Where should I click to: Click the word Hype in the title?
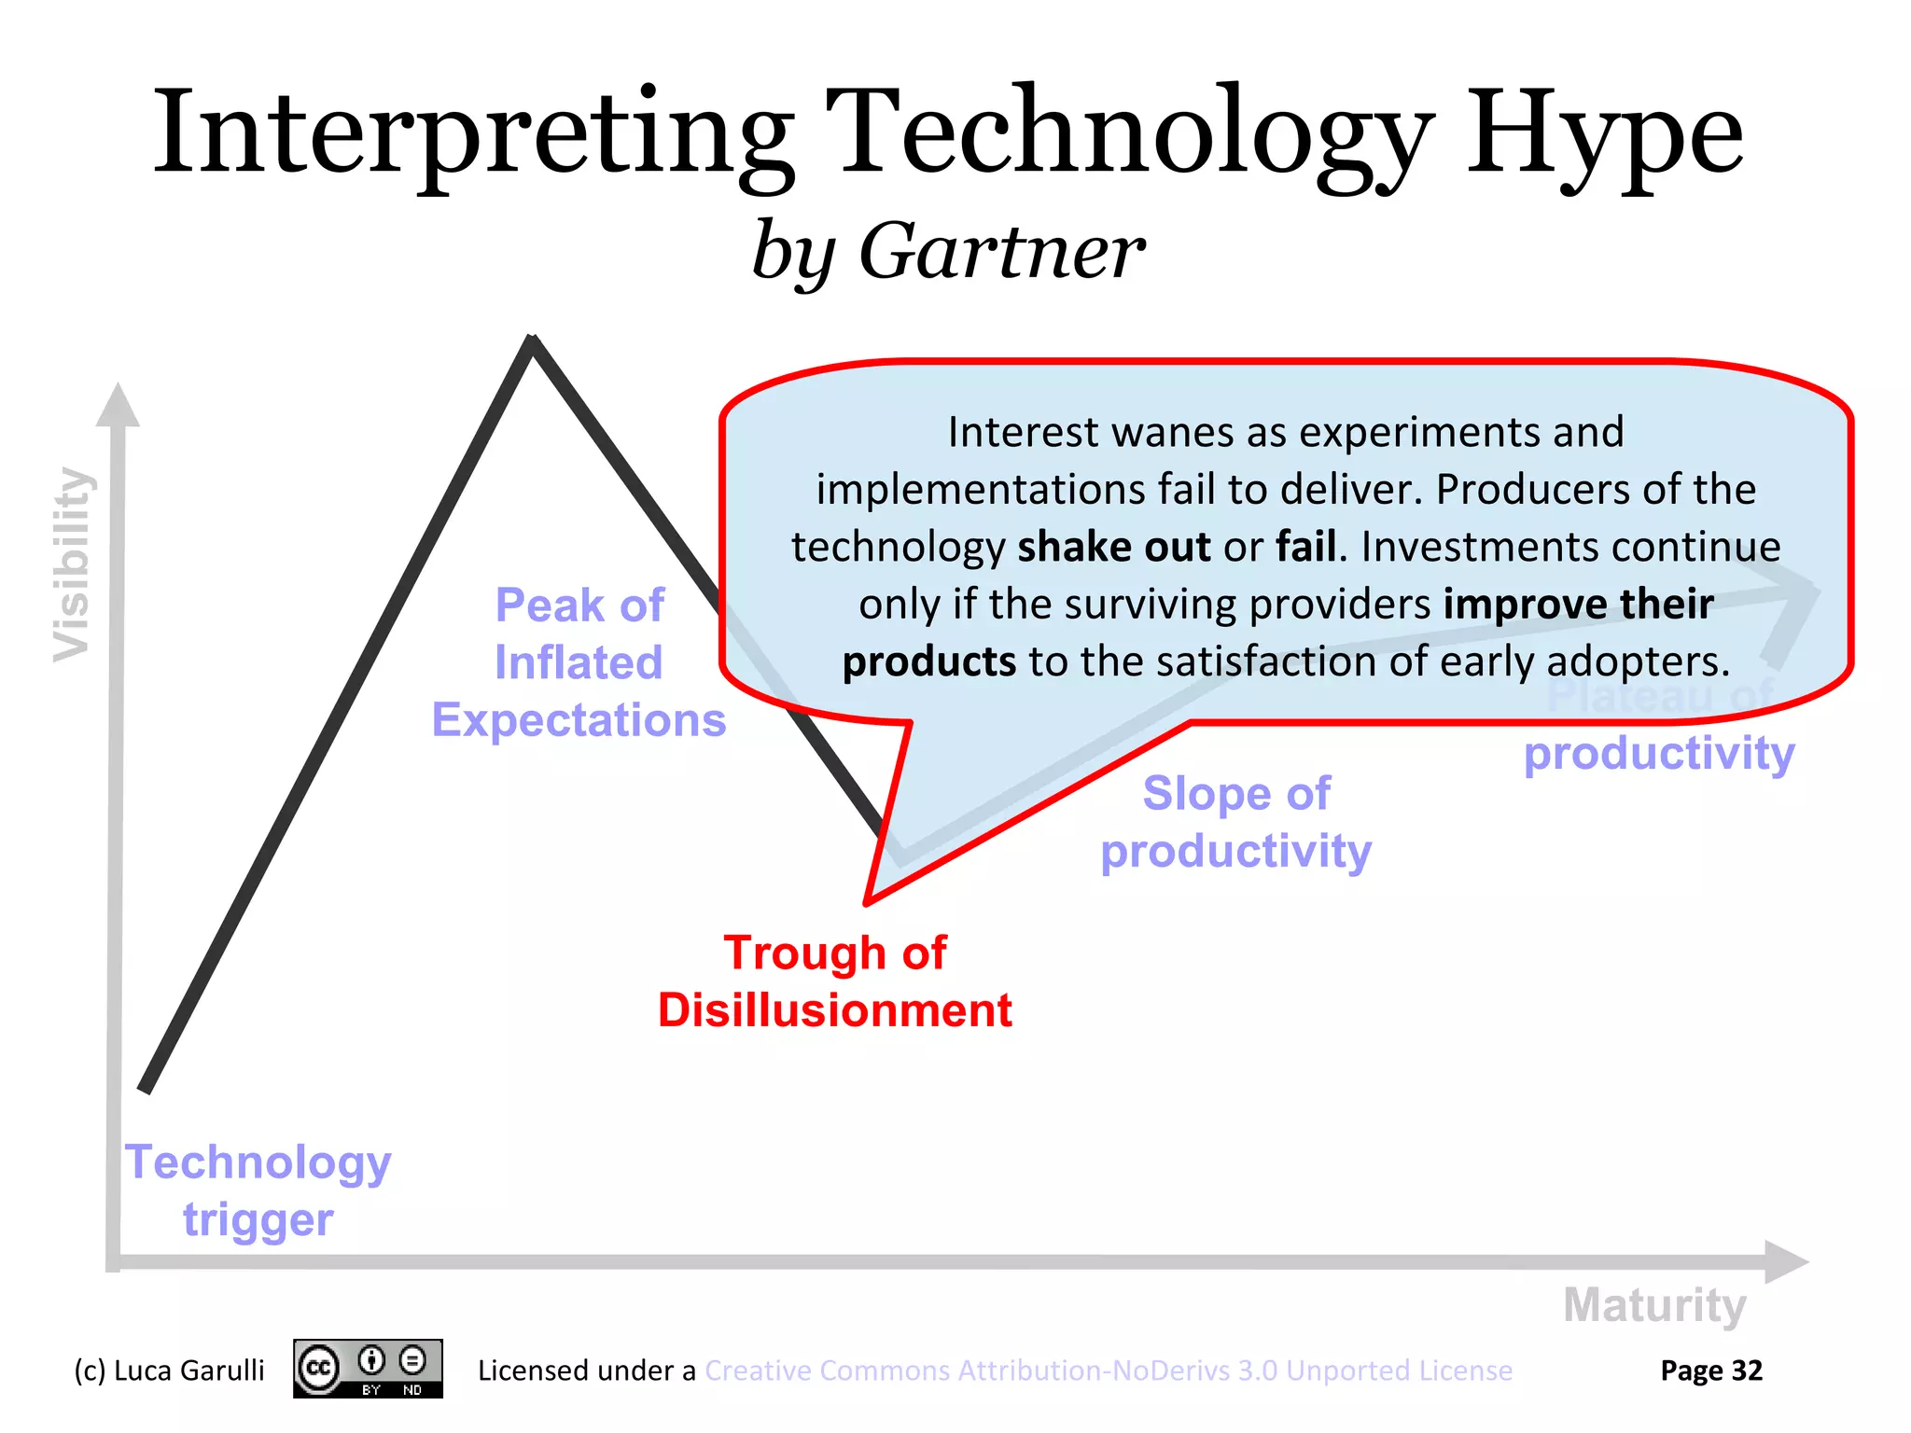[1603, 135]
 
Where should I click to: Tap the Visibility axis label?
[72, 564]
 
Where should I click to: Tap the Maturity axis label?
[1654, 1304]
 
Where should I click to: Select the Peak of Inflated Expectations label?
[579, 662]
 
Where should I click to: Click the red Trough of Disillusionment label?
[835, 981]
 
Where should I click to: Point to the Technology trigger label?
[258, 1190]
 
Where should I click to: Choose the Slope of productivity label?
[1236, 822]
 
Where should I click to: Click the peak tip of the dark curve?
[532, 341]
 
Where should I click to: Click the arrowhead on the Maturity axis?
[1786, 1261]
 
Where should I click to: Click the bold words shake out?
[1113, 547]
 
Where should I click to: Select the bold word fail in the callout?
[1306, 547]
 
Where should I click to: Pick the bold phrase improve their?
[1578, 605]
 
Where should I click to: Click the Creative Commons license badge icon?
[368, 1369]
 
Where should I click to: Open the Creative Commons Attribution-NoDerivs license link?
[1108, 1370]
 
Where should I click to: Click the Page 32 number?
[1710, 1370]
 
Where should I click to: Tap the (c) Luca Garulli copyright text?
[169, 1370]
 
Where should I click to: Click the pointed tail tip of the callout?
[867, 901]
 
